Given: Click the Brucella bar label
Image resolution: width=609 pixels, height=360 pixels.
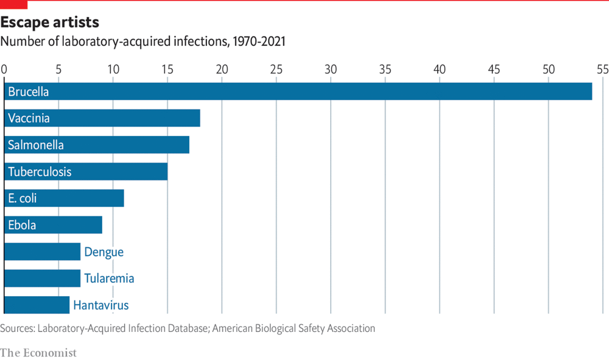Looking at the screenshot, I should pos(28,92).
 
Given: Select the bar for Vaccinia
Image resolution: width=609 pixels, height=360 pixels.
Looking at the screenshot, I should pos(102,118).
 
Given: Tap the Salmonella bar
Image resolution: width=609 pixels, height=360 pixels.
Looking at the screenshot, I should pos(97,145).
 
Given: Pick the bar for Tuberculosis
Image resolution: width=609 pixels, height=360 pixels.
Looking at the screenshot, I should pos(86,172).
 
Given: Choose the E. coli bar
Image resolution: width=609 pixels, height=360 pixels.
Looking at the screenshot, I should pos(64,198).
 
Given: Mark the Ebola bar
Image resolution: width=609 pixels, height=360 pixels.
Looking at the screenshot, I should pos(53,225).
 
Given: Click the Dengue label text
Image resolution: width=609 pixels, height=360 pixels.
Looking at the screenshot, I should pos(104,252).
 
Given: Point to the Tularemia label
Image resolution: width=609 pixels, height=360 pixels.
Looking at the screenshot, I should pos(109,278).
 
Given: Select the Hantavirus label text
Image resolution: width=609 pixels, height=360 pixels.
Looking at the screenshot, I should pos(101,305).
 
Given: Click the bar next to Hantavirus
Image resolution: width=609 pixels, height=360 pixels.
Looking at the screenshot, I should pos(37,305).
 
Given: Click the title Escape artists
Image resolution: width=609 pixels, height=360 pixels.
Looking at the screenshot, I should pos(49,23).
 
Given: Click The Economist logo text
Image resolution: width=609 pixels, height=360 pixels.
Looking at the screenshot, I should pos(38,352).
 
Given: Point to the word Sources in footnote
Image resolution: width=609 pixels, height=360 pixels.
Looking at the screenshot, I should pos(17,328).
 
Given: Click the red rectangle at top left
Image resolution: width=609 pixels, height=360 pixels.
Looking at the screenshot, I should pos(13,5).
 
